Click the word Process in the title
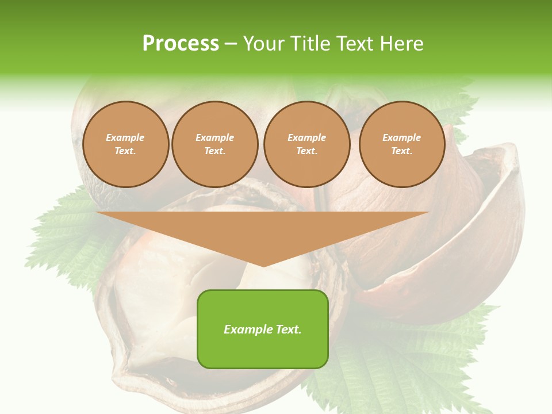tap(181, 44)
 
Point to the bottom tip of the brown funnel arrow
tap(263, 266)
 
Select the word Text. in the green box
tap(288, 329)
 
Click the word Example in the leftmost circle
tap(125, 137)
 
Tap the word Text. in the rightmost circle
tap(402, 151)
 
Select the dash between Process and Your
tap(231, 44)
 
